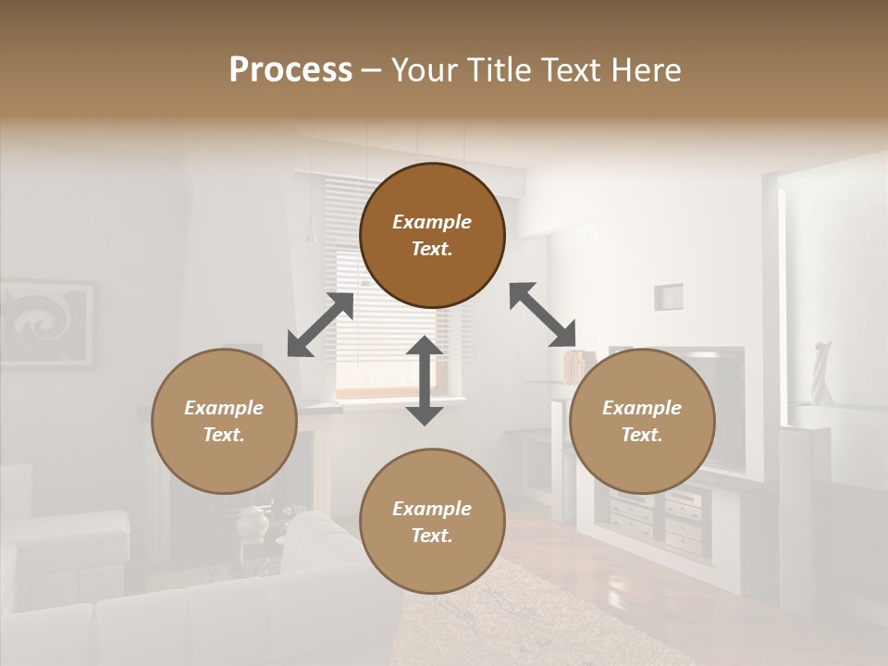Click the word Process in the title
point(290,69)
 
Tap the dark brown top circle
point(432,235)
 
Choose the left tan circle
point(224,421)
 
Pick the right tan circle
point(642,421)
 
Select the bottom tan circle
point(432,522)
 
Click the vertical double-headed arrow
point(425,380)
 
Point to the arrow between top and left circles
point(320,325)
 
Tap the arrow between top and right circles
point(543,314)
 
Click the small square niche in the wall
point(668,297)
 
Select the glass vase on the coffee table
point(252,524)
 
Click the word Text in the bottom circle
point(431,536)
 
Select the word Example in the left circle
point(224,408)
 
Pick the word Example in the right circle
point(642,408)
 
